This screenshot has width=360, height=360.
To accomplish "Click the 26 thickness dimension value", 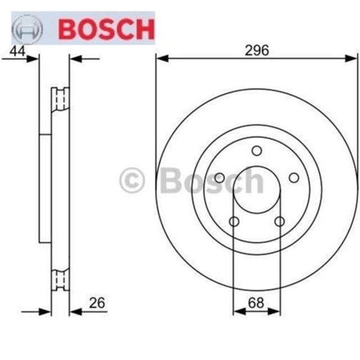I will click(x=97, y=303).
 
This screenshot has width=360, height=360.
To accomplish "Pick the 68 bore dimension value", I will click(x=256, y=303).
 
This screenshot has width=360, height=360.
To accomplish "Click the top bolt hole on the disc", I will click(x=256, y=151).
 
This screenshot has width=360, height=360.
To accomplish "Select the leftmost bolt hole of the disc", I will click(x=219, y=178).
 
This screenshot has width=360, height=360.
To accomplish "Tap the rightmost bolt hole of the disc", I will click(x=294, y=178).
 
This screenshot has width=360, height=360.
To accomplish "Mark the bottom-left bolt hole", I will click(x=234, y=221).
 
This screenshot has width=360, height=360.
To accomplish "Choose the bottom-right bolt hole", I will click(x=280, y=221).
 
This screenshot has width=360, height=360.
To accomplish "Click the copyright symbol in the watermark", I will click(x=133, y=181).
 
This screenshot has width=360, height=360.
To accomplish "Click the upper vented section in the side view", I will click(x=60, y=100).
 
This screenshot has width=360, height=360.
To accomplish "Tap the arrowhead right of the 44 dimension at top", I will click(x=74, y=58).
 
